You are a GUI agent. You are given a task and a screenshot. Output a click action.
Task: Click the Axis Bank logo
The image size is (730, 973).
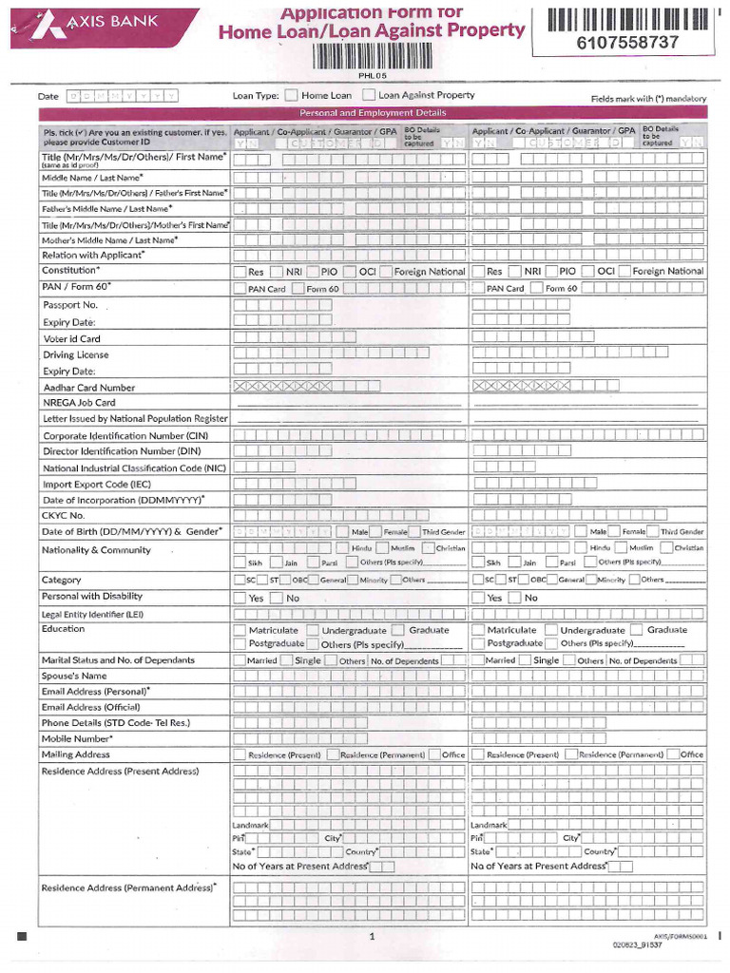(x=70, y=26)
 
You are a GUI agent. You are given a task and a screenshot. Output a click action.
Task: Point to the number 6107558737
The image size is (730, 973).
(x=627, y=43)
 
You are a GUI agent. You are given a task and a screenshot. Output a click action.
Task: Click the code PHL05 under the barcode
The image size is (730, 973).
(x=368, y=75)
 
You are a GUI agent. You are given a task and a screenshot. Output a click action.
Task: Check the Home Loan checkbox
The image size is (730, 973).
(x=292, y=96)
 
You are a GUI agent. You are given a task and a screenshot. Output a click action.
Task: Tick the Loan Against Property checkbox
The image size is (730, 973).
(x=369, y=96)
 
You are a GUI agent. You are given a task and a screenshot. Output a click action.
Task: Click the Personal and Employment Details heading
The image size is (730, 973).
(x=372, y=113)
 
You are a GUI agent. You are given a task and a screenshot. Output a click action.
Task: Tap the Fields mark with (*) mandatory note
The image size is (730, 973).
(x=648, y=99)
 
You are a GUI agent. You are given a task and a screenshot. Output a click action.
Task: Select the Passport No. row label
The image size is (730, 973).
(x=70, y=305)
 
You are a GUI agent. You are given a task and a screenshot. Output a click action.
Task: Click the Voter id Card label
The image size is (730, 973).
(x=71, y=338)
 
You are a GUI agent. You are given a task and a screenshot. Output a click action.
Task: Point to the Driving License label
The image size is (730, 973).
(x=76, y=354)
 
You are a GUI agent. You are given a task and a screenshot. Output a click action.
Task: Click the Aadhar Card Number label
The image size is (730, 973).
(x=89, y=388)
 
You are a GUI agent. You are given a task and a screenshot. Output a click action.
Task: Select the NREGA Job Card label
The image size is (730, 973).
(x=79, y=403)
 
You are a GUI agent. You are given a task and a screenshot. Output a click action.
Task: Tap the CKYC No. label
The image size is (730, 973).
(x=64, y=515)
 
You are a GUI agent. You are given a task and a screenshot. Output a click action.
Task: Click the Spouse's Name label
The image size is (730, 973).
(x=74, y=676)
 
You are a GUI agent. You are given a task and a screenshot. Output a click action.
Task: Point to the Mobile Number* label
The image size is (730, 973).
(x=77, y=738)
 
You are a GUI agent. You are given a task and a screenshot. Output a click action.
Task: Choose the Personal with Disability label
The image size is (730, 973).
(x=92, y=597)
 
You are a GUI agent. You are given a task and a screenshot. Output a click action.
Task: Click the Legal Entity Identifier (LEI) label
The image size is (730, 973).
(x=92, y=614)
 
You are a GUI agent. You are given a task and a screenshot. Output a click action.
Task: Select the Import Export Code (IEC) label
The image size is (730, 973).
(x=96, y=485)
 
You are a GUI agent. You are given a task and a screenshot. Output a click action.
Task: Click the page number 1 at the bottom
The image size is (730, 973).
(x=373, y=937)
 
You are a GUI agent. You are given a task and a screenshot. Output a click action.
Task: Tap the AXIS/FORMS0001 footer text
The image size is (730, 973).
(x=680, y=936)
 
